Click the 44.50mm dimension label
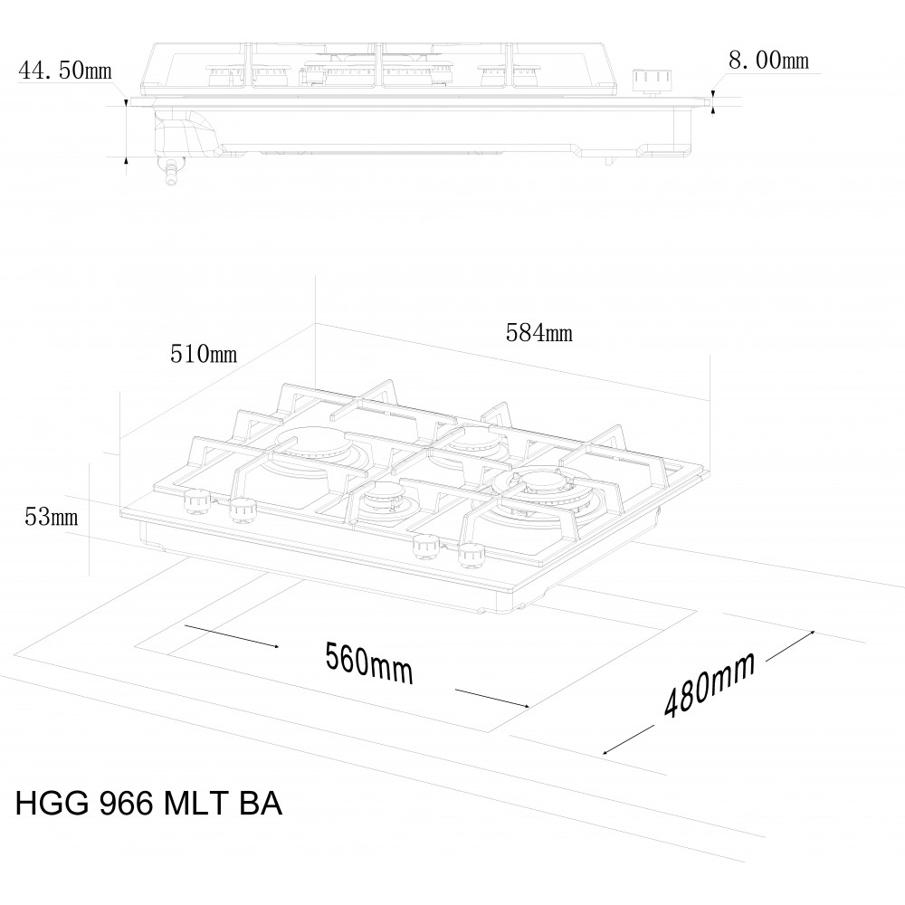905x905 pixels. pos(65,71)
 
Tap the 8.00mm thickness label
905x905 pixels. pos(768,60)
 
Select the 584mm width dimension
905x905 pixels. pos(539,333)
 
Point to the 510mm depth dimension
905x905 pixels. pos(203,354)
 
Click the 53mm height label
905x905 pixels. pos(51,517)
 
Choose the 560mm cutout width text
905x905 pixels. pos(369,663)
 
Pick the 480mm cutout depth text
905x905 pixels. pos(710,684)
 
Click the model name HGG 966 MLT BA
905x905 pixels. pos(149,803)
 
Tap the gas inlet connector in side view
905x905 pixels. pos(171,172)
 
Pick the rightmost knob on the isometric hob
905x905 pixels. pos(472,556)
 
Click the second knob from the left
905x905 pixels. pos(243,509)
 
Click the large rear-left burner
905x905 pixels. pos(313,448)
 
